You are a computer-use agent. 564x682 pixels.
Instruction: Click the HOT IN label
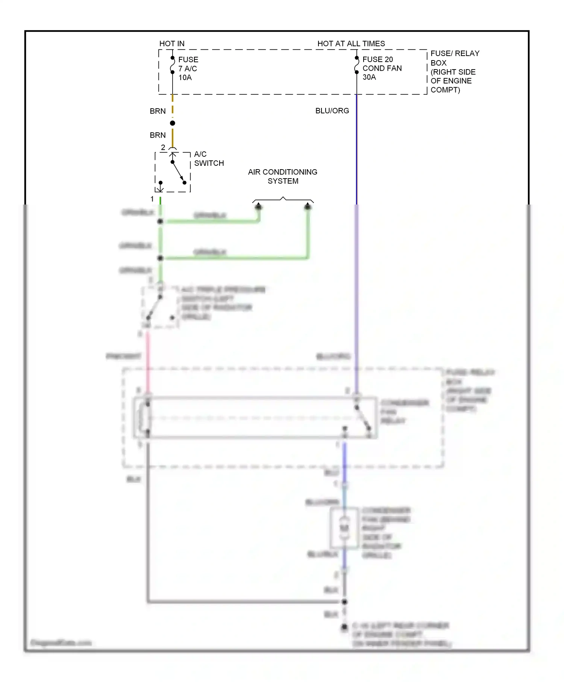coord(172,44)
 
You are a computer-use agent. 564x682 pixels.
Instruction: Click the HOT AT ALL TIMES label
coord(351,44)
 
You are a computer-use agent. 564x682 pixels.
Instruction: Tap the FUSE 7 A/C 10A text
coord(188,68)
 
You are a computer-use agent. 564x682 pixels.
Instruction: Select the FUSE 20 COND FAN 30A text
coord(382,68)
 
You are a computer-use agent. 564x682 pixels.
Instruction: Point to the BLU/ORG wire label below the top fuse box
coord(332,111)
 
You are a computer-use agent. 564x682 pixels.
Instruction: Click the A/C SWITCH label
coord(208,159)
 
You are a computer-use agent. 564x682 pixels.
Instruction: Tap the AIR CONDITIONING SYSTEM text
coord(282,176)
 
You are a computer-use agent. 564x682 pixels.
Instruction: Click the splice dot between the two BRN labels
coord(173,123)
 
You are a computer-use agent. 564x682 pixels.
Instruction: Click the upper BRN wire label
coord(158,111)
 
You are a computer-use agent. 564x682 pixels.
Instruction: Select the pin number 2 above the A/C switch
coord(163,147)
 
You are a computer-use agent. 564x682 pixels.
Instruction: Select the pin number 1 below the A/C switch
coord(152,199)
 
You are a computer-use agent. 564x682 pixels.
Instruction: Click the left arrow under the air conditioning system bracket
coord(258,206)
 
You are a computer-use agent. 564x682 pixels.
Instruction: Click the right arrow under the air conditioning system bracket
coord(308,206)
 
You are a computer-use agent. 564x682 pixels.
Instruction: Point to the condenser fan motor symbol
coord(344,527)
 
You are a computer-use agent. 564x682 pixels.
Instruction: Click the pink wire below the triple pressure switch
coord(147,361)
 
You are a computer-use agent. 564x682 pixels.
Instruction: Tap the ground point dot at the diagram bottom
coord(344,627)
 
